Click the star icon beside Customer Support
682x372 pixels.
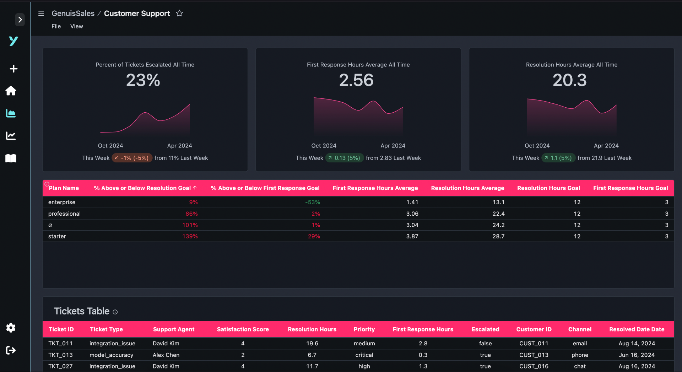(x=179, y=14)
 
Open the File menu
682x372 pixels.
(x=56, y=26)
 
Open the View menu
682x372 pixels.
(x=76, y=26)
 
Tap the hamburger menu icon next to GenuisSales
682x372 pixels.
(x=41, y=14)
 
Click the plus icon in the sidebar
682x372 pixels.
(x=13, y=69)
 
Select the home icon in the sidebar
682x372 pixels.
(x=11, y=91)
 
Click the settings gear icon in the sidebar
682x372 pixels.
(x=11, y=328)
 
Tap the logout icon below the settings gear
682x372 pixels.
(x=11, y=350)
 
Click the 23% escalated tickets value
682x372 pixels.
(x=143, y=80)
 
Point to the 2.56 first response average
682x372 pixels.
(x=356, y=80)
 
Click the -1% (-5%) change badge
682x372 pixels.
(x=132, y=158)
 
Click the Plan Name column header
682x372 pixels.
(x=64, y=188)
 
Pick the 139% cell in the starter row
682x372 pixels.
(x=190, y=236)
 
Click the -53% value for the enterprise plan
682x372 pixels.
(x=313, y=202)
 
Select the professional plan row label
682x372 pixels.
(x=64, y=214)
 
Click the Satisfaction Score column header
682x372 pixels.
(x=243, y=329)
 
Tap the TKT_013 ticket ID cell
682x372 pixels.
(x=60, y=355)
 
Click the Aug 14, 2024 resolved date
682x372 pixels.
(x=637, y=343)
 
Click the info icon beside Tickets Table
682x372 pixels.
(x=115, y=312)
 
